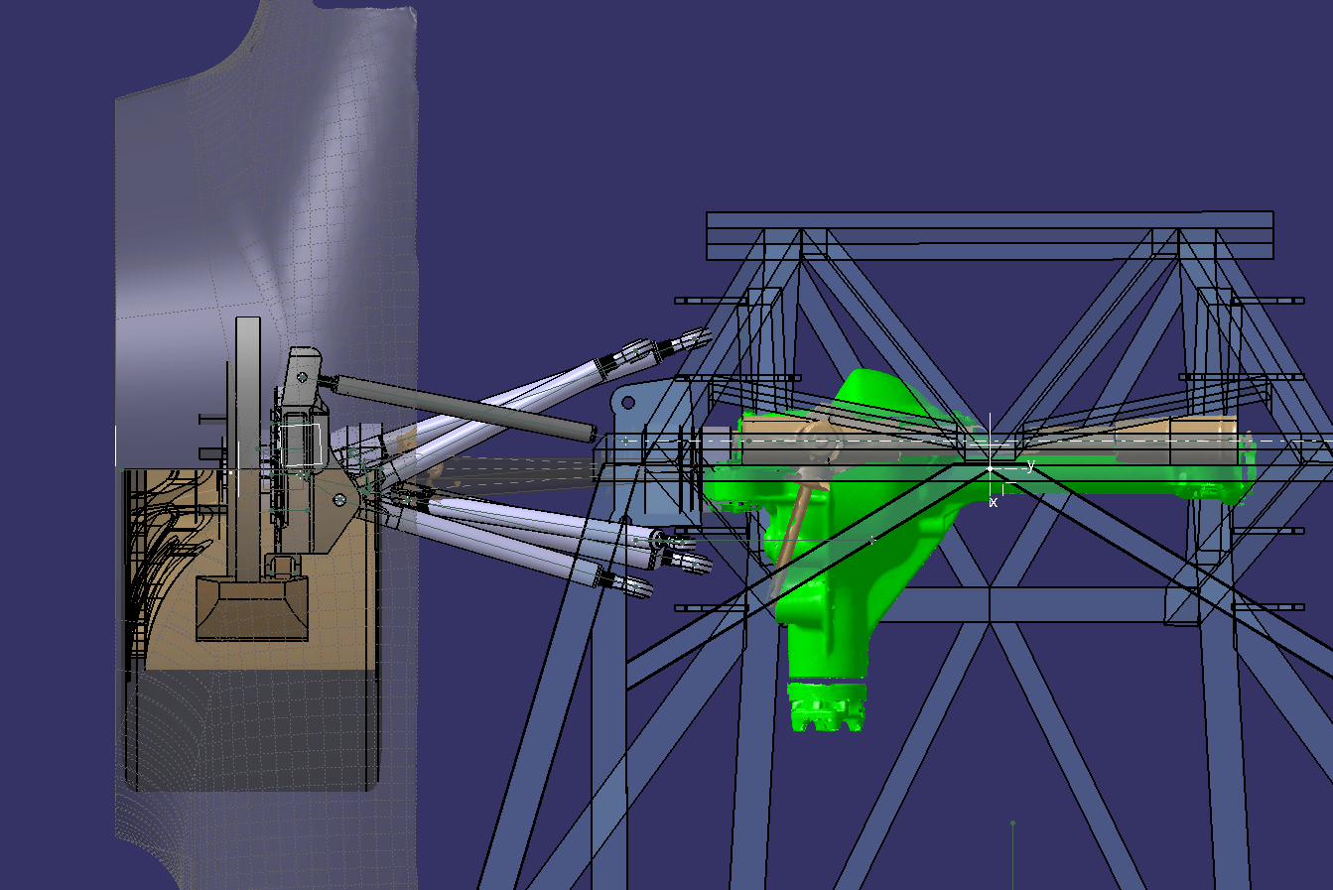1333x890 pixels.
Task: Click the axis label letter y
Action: tap(1030, 464)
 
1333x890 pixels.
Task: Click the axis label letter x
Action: tap(994, 503)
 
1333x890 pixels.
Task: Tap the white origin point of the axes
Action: tap(991, 468)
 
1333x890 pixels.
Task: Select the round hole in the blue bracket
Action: tap(628, 403)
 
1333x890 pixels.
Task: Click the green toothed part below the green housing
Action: tap(826, 706)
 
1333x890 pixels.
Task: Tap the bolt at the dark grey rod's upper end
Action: tap(303, 377)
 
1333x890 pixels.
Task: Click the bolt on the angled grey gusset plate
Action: tap(339, 500)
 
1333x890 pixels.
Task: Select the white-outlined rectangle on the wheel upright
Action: tap(301, 445)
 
